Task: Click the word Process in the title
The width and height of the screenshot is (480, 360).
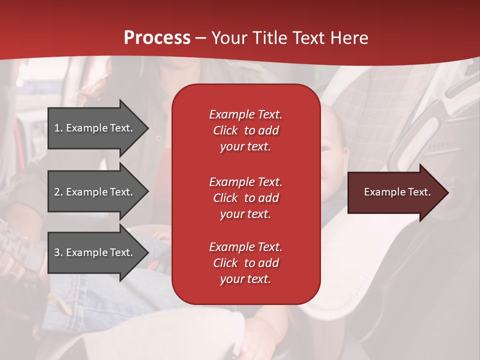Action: (157, 38)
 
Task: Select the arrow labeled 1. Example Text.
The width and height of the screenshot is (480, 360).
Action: (95, 128)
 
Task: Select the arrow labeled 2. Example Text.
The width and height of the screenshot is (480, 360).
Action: (95, 192)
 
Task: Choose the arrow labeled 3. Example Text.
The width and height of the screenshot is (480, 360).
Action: (95, 252)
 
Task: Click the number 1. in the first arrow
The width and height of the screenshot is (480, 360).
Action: (58, 128)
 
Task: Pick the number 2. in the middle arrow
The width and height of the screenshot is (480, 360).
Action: (58, 192)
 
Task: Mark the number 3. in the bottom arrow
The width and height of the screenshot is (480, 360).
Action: (58, 252)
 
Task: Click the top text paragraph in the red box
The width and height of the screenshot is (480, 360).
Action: (245, 130)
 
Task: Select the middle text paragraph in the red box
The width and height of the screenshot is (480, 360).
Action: (245, 198)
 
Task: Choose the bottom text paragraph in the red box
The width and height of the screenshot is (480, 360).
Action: (245, 263)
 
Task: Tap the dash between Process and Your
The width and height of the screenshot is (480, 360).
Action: (201, 38)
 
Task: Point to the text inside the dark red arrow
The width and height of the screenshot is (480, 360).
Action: (397, 192)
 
